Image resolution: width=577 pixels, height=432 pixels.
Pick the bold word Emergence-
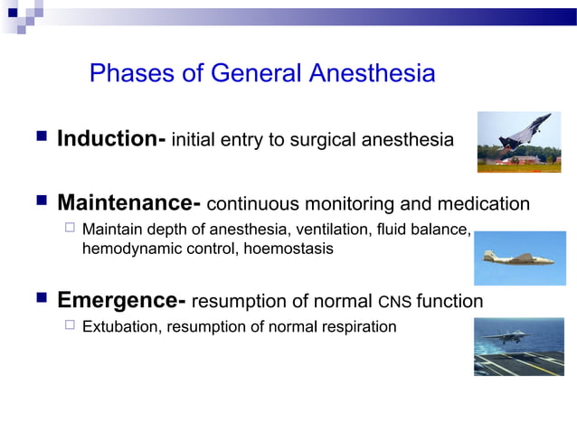pyautogui.click(x=122, y=300)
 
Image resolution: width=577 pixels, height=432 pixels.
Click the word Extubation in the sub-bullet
pyautogui.click(x=119, y=326)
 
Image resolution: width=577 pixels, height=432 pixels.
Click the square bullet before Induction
pyautogui.click(x=41, y=138)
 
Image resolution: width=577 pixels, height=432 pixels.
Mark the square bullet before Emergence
pyautogui.click(x=41, y=299)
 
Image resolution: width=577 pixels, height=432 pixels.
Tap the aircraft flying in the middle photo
pyautogui.click(x=517, y=257)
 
